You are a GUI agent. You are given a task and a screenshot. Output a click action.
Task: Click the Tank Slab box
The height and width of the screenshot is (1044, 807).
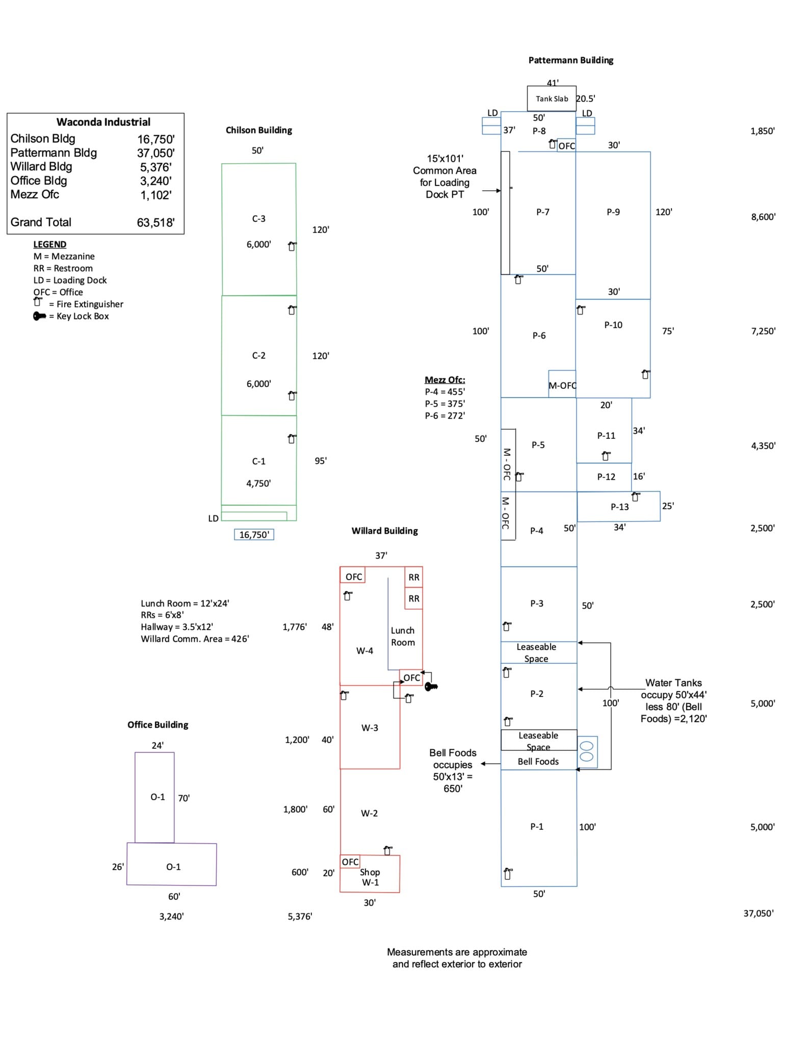tap(551, 98)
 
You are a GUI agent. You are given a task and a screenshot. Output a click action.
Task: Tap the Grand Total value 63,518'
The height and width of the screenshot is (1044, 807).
tap(155, 222)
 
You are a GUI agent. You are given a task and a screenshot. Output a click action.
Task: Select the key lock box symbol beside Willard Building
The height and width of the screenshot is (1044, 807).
tap(431, 687)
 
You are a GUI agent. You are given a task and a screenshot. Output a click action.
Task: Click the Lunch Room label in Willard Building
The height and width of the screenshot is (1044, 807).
tap(403, 636)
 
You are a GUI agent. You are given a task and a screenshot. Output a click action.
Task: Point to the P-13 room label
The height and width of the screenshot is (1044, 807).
tap(619, 507)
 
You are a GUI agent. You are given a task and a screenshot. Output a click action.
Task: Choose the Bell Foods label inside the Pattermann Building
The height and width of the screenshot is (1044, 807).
tap(538, 761)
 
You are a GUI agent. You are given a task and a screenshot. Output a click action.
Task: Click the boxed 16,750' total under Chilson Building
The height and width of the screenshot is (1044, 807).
tap(254, 534)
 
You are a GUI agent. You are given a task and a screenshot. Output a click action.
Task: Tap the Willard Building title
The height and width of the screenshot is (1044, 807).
tap(384, 531)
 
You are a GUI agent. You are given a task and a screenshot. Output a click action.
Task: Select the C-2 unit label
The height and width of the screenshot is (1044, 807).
tap(258, 355)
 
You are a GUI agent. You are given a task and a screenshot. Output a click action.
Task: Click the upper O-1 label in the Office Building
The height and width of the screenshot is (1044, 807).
tap(158, 797)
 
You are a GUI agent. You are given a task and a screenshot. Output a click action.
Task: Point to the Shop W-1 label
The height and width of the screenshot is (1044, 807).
tap(370, 877)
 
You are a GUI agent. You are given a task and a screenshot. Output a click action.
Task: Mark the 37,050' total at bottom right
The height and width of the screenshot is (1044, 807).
tap(758, 913)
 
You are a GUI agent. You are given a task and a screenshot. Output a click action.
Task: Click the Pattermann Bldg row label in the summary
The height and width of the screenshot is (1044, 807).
tap(54, 152)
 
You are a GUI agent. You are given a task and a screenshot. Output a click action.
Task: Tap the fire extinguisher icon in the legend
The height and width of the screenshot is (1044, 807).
tap(37, 303)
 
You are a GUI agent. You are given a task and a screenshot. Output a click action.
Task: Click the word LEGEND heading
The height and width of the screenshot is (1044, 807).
tap(49, 244)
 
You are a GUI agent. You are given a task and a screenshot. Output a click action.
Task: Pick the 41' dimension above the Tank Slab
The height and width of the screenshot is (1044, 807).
tap(552, 82)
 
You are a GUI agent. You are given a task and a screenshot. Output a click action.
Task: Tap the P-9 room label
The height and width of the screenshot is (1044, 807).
tap(613, 212)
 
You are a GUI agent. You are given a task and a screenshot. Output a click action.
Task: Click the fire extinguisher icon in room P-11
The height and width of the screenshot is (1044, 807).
tap(606, 455)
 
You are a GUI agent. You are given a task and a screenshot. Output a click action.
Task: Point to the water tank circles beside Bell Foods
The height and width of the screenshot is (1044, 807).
tap(587, 751)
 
